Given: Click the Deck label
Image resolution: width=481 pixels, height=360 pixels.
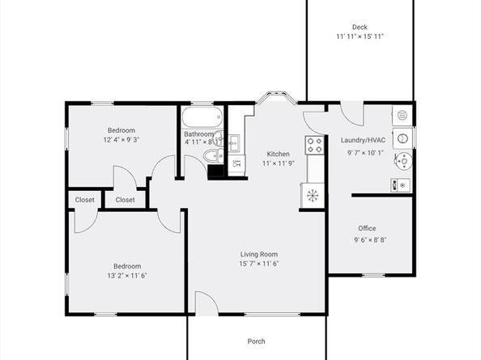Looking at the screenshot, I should click(360, 27).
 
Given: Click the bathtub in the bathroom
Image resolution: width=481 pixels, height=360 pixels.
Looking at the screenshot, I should click(200, 117).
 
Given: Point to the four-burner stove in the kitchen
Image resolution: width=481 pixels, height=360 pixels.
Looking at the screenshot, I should click(313, 145).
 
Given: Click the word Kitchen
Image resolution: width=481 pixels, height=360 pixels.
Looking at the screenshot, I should click(278, 154).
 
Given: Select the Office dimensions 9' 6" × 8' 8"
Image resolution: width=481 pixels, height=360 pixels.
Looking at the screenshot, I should click(370, 239).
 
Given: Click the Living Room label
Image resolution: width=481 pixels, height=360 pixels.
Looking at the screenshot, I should click(259, 254).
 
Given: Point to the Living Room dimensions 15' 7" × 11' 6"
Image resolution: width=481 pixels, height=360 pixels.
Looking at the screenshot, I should click(259, 265).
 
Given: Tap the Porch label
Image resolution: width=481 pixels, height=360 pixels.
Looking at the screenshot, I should click(256, 341).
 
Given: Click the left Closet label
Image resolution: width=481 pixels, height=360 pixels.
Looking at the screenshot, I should click(84, 200).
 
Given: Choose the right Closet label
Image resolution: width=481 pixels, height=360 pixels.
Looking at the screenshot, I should click(125, 200).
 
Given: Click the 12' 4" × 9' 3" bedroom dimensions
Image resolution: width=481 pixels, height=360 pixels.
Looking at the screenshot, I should click(121, 141).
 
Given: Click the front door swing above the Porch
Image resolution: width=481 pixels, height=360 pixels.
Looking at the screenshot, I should click(206, 304).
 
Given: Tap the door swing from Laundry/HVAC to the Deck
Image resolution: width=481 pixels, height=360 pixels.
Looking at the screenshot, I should click(351, 112).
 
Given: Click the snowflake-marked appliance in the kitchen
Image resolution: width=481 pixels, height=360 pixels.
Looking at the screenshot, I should click(313, 195).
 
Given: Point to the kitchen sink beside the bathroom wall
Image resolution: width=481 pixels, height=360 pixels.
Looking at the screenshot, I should click(236, 164).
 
